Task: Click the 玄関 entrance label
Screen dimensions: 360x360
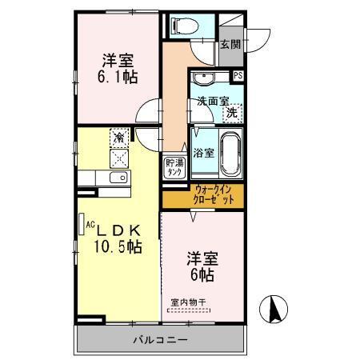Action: point(230,45)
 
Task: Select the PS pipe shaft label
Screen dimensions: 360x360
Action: point(238,75)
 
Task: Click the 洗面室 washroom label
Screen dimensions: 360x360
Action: point(212,102)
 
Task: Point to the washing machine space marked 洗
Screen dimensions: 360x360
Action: point(231,114)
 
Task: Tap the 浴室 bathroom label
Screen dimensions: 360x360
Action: point(202,152)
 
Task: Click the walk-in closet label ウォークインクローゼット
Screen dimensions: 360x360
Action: point(214,194)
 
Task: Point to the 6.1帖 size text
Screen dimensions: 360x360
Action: point(116,77)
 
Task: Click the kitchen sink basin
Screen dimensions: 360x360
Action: point(117,178)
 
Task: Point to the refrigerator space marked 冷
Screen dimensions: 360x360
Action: point(118,138)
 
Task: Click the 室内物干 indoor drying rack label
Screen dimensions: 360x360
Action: point(188,302)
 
